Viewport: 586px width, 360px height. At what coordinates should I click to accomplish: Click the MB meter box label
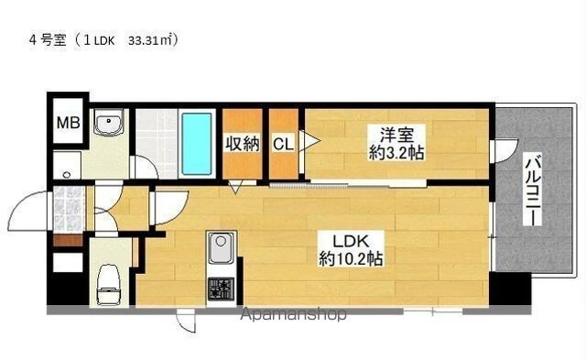tap(68, 122)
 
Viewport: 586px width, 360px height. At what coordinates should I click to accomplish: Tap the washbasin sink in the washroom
tap(108, 123)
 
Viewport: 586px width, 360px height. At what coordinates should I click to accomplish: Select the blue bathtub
tap(197, 144)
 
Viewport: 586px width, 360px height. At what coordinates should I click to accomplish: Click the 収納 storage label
tap(242, 144)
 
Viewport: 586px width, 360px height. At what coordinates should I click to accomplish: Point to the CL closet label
tap(283, 144)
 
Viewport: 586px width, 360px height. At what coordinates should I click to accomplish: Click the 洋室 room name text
tap(396, 136)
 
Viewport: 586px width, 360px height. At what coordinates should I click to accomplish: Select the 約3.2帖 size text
tap(396, 153)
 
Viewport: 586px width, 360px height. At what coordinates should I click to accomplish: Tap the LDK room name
tap(351, 242)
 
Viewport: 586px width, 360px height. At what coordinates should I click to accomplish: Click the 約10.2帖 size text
tap(351, 258)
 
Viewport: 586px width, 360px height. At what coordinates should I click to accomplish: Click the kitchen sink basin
tap(221, 247)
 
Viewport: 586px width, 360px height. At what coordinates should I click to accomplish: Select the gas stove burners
tap(221, 289)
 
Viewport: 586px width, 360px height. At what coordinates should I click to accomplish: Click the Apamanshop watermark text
tap(293, 314)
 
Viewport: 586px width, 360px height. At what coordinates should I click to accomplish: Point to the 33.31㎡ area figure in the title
tap(152, 40)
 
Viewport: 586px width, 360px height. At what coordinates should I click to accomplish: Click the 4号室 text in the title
tap(48, 40)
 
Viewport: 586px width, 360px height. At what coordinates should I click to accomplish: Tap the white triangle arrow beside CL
tap(309, 140)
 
